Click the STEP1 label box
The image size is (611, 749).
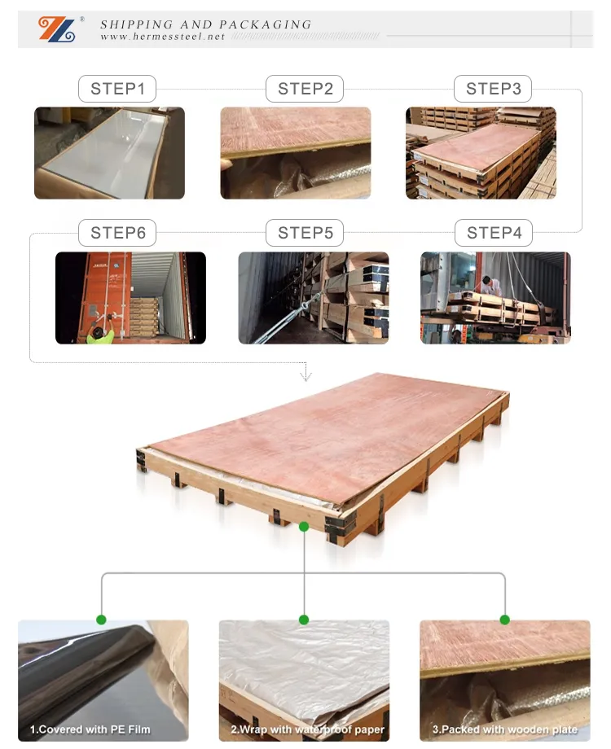click(x=117, y=89)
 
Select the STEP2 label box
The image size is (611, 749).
click(x=305, y=89)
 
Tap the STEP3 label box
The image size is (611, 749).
click(x=493, y=89)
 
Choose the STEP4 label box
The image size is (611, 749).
click(x=494, y=233)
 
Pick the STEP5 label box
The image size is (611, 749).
click(x=305, y=233)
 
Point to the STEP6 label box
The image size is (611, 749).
click(x=117, y=233)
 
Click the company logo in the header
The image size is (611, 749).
click(x=57, y=29)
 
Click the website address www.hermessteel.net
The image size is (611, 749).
click(x=163, y=37)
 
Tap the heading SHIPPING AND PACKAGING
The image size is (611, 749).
click(x=205, y=24)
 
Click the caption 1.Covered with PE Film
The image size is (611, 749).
click(x=90, y=729)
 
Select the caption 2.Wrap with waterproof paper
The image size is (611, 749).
click(x=307, y=729)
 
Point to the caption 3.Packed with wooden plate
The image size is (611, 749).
click(x=505, y=729)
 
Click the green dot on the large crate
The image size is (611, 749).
click(x=304, y=527)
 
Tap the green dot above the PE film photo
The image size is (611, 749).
click(x=101, y=620)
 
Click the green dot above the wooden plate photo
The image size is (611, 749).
click(x=504, y=620)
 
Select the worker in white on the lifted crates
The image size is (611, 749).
click(x=490, y=286)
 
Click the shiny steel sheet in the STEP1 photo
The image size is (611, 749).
click(x=103, y=153)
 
